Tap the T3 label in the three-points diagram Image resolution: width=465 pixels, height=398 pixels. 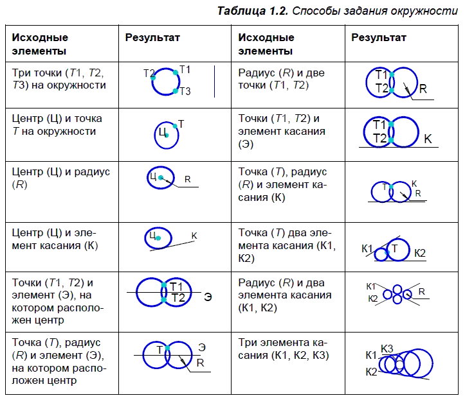click(x=185, y=92)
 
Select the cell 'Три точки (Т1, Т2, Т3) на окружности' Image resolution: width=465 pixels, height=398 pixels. click(x=62, y=79)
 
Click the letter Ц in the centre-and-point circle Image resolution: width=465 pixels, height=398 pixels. click(x=162, y=132)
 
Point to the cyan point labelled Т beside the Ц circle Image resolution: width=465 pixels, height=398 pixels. click(x=174, y=126)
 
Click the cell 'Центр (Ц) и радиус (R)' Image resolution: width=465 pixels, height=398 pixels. click(x=62, y=178)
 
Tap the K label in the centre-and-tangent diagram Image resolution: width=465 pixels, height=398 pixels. click(x=194, y=236)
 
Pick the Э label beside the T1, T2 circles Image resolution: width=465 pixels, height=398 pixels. click(x=208, y=297)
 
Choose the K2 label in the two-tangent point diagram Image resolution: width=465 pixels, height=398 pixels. click(x=419, y=253)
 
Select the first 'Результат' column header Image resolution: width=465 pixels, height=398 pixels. click(x=152, y=38)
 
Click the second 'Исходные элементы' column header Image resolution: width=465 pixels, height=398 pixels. click(x=266, y=44)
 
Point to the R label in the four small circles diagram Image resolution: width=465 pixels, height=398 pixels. click(x=422, y=291)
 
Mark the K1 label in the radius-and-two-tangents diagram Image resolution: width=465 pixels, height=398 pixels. click(x=371, y=286)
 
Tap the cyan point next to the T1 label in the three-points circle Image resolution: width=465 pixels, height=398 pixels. click(x=175, y=72)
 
